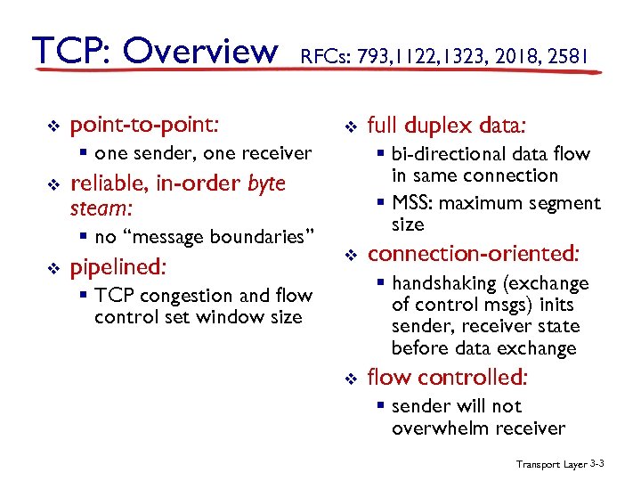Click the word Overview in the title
click(x=200, y=51)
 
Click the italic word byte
click(x=265, y=183)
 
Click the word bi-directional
click(x=446, y=154)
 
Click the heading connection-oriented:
click(x=473, y=254)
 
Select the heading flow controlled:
click(x=448, y=378)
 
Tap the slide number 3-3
click(x=597, y=464)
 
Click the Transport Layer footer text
click(x=548, y=464)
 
